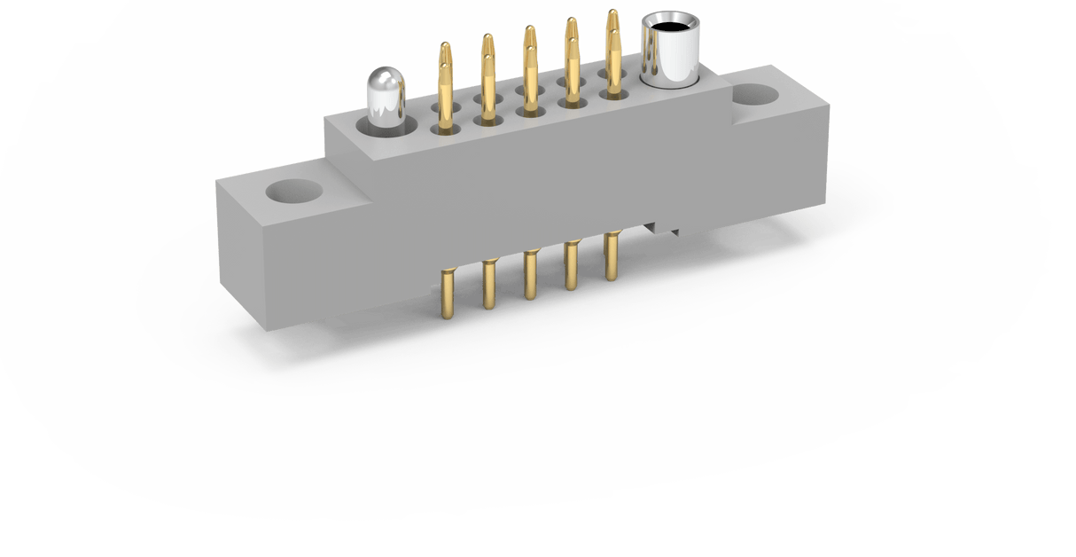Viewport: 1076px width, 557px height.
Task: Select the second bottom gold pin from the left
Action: (x=488, y=284)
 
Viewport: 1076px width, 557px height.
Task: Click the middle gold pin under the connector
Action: (x=530, y=275)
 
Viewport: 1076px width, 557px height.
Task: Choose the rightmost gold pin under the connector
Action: (x=612, y=257)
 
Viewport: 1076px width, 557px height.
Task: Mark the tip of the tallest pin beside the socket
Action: (x=612, y=14)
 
